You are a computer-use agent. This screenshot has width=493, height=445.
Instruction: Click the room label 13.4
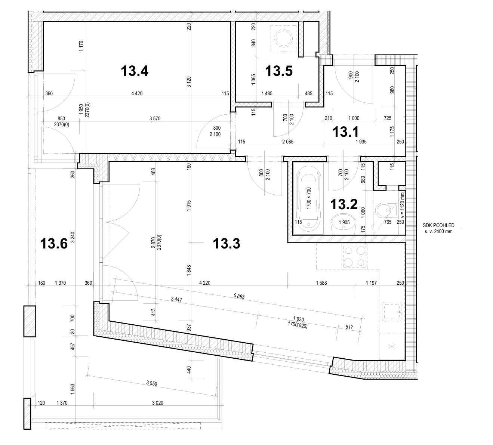pos(135,71)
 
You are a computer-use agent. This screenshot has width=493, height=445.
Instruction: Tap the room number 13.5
pos(278,71)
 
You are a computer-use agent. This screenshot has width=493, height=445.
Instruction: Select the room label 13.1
pos(346,132)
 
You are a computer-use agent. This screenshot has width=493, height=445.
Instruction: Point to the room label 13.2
pos(344,204)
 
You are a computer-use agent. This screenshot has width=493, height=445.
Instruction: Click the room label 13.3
pos(226,244)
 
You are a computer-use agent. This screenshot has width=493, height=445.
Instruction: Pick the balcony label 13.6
pos(54,244)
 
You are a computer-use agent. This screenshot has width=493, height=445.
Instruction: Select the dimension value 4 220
pos(205,283)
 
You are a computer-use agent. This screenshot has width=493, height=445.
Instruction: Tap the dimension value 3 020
pos(158,403)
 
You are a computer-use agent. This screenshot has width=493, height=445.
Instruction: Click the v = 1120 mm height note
pos(403,206)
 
